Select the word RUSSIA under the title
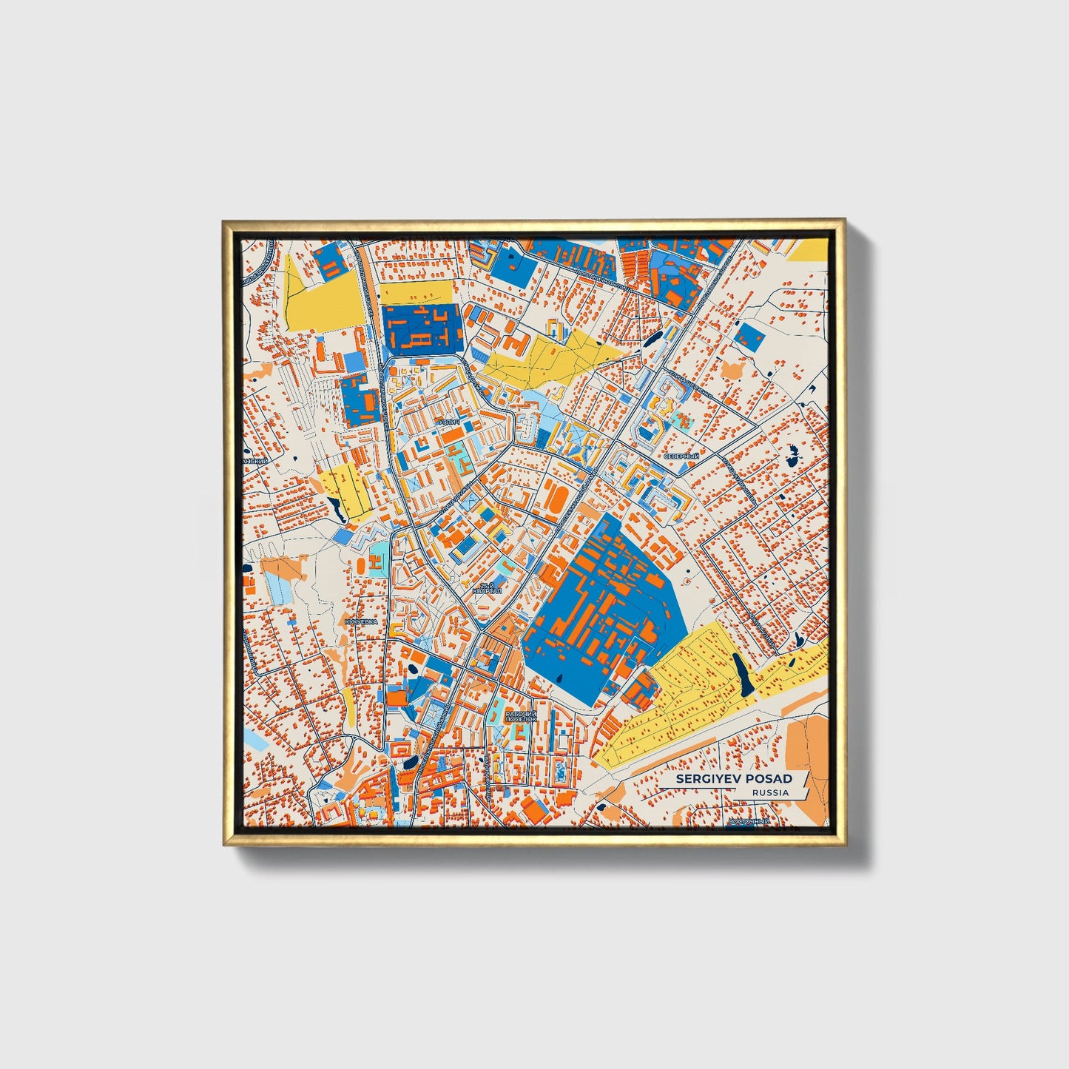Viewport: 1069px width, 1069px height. (x=770, y=792)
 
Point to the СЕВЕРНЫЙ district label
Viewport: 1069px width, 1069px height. (x=681, y=456)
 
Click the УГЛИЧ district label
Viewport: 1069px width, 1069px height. (x=449, y=422)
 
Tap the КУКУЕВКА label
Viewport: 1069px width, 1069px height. (x=361, y=622)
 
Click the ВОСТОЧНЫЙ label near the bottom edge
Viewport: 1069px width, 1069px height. (x=749, y=821)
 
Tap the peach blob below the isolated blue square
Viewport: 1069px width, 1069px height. (x=733, y=369)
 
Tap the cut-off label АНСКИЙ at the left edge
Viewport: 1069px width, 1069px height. (x=254, y=460)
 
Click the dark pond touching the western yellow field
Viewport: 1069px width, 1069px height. (x=335, y=506)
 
